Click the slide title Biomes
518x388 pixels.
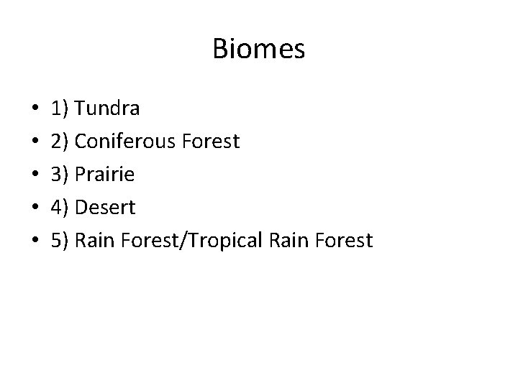tap(259, 50)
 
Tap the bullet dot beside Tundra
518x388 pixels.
tap(35, 109)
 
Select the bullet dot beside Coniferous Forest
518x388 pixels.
tap(35, 142)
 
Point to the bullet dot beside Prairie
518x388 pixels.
tap(35, 175)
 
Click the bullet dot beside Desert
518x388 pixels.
tap(35, 208)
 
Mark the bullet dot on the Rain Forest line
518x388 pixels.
tap(35, 241)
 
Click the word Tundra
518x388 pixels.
tap(107, 109)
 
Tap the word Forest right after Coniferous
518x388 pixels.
tap(212, 142)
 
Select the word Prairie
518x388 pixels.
tap(104, 175)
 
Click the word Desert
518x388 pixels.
tap(105, 208)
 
